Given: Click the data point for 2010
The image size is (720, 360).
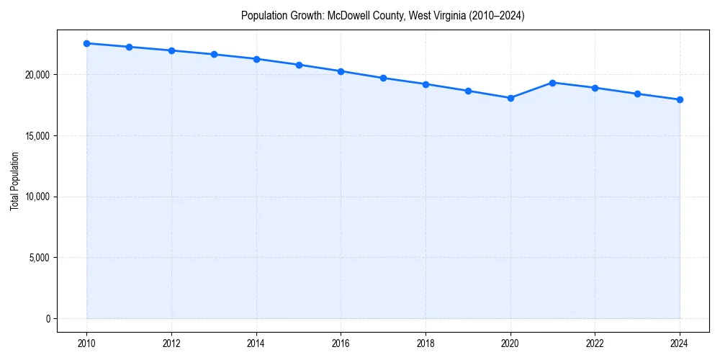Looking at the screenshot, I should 86,43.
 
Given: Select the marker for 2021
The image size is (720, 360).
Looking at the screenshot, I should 552,83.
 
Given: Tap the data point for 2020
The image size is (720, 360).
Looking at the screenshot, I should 510,98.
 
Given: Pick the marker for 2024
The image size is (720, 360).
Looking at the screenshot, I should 680,99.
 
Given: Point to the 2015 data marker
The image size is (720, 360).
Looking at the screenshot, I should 299,65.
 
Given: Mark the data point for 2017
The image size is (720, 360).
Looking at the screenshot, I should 383,78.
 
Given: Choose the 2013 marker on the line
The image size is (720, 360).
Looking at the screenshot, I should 214,54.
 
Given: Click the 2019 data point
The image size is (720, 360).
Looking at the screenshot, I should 468,91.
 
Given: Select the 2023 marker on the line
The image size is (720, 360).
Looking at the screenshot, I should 637,94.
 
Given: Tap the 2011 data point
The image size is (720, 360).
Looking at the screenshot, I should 129,47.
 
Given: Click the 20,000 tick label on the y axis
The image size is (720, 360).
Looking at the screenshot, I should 37,75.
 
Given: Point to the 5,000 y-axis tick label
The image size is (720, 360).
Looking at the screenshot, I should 39,258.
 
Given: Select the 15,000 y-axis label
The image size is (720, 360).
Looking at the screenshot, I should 37,136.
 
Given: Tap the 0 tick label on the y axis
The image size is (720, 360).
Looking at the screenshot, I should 48,319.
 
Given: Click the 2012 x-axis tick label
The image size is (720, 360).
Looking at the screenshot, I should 171,343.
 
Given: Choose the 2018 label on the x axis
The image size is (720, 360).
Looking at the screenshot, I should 426,343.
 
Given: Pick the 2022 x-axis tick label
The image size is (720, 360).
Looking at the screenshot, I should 595,343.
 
